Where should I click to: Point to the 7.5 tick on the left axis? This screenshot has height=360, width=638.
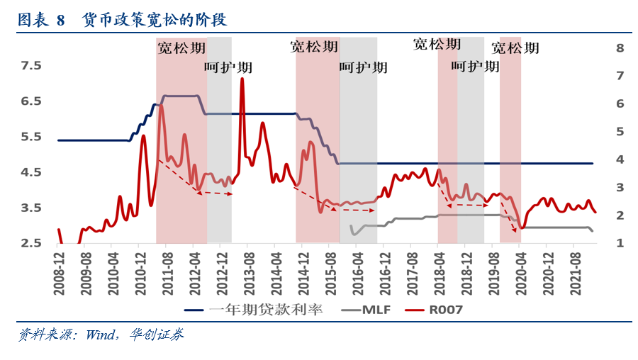pos(31,66)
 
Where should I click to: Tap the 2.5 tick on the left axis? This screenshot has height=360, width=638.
pos(31,243)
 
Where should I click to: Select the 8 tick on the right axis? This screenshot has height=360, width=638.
pos(620,48)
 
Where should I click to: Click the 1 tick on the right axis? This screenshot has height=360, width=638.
pos(620,243)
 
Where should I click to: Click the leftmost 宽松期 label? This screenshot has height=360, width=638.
pos(181,49)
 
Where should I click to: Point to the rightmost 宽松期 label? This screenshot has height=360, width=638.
pos(515,48)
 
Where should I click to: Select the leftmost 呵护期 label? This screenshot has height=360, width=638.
pos(228,68)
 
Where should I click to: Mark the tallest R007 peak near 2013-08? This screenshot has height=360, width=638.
pos(242,79)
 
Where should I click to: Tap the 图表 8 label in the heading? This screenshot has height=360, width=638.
pos(41,21)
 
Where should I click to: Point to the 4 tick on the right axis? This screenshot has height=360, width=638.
pos(620,159)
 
